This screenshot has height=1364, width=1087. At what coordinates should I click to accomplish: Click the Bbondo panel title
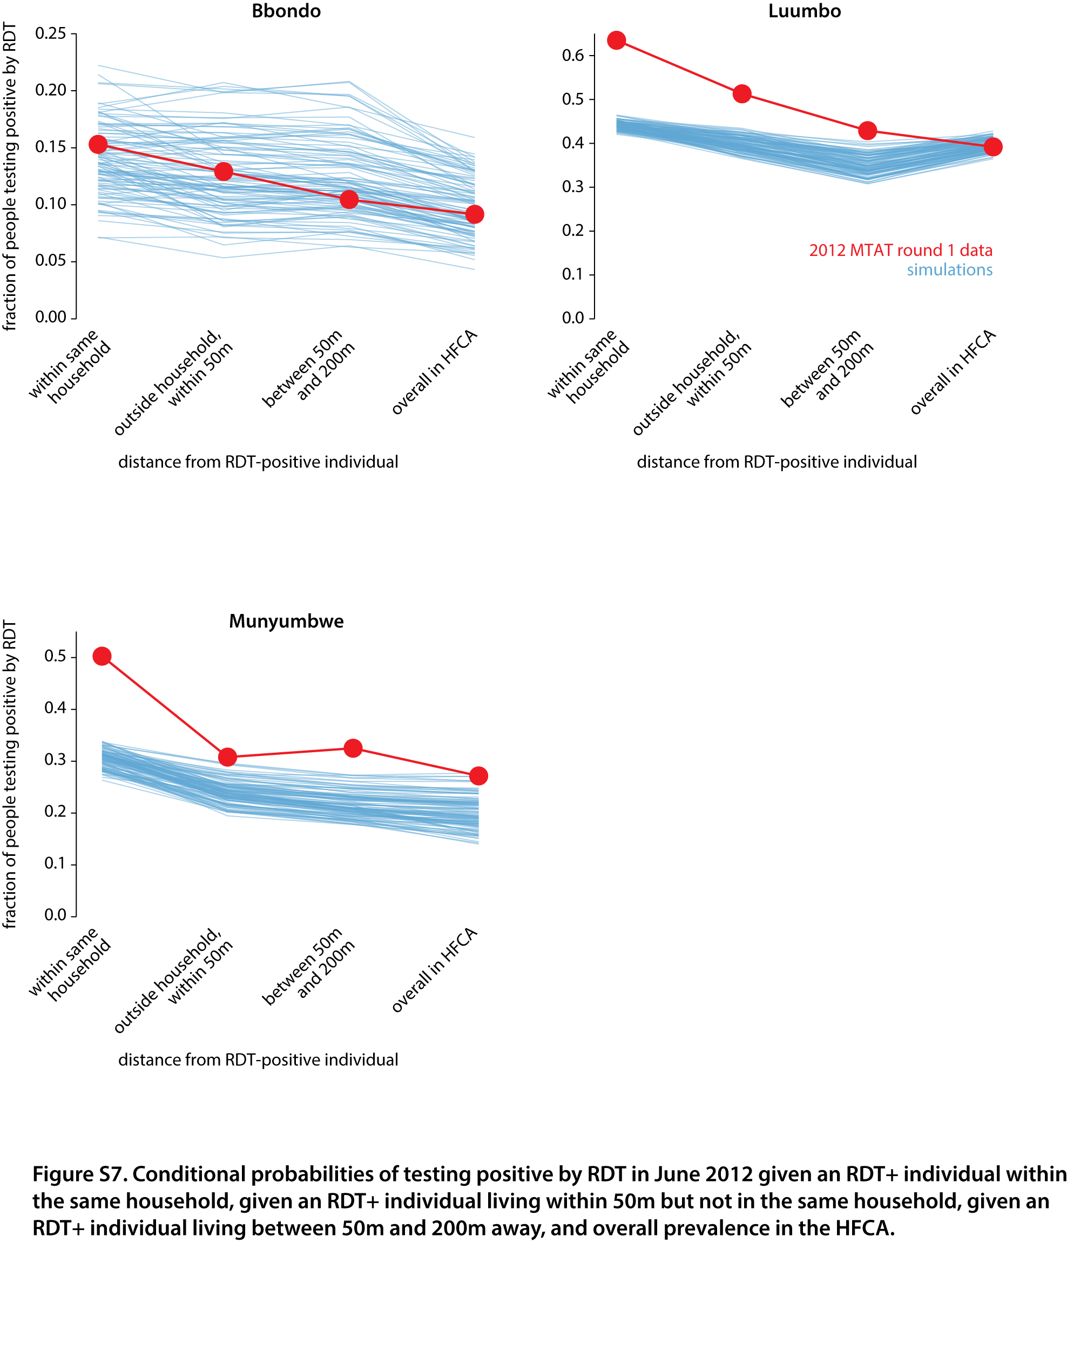click(x=286, y=11)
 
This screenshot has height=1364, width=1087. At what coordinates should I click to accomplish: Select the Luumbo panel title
click(x=804, y=11)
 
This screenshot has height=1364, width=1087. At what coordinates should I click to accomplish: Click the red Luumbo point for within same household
click(x=616, y=40)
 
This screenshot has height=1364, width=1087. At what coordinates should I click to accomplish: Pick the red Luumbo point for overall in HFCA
click(x=993, y=147)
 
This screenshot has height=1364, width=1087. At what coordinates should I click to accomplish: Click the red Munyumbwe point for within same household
click(x=102, y=656)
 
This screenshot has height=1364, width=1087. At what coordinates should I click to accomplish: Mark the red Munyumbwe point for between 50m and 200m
click(x=353, y=748)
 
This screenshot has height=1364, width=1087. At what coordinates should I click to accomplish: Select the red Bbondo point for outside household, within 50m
click(x=224, y=172)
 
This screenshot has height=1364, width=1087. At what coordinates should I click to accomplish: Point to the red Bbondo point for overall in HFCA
click(x=475, y=214)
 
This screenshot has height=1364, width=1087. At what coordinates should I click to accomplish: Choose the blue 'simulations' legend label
click(x=949, y=270)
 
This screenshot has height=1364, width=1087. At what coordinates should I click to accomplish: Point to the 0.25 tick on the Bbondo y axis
click(x=73, y=33)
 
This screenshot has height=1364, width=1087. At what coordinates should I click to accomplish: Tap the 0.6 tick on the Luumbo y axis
click(x=592, y=56)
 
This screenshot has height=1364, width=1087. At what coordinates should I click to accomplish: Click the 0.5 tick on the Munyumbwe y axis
click(x=73, y=657)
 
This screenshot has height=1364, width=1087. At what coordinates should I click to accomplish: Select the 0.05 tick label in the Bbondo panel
click(x=51, y=261)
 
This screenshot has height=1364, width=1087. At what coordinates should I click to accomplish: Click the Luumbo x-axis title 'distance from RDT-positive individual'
click(x=777, y=462)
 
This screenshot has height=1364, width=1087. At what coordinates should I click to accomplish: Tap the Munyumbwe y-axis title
click(x=10, y=774)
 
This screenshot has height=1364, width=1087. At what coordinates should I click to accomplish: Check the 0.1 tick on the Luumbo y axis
click(x=592, y=274)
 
